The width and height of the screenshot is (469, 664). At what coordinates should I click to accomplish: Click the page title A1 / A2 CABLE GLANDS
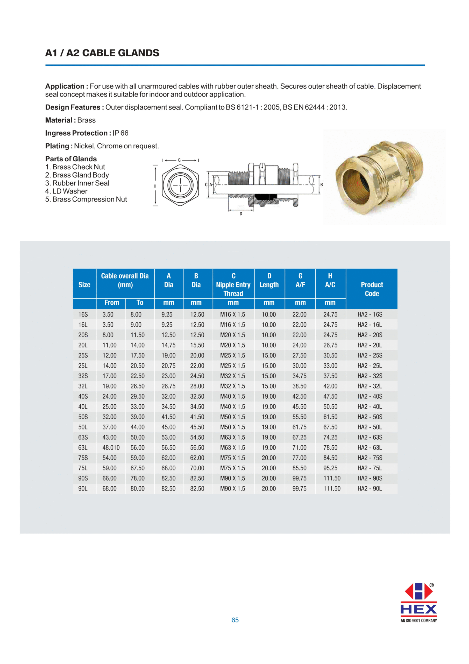[x=102, y=53]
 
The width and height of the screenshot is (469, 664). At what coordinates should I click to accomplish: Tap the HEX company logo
[x=418, y=603]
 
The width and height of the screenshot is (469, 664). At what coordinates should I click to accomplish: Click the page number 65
[x=235, y=620]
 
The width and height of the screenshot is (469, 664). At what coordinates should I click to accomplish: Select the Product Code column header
[x=372, y=289]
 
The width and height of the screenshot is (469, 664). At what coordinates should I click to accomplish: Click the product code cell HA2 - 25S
[x=369, y=355]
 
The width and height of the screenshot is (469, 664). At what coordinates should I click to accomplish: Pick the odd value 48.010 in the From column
[x=111, y=447]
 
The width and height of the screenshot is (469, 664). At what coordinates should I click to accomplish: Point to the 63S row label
[x=83, y=437]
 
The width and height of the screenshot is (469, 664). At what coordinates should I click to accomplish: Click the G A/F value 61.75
[x=299, y=427]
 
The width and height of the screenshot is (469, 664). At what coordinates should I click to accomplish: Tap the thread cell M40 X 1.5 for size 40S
[x=232, y=396]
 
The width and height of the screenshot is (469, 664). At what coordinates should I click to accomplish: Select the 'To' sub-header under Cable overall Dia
[x=140, y=302]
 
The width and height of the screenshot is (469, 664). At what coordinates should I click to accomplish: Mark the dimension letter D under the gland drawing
[x=241, y=214]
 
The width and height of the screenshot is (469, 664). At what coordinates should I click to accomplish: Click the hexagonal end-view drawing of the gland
[x=180, y=185]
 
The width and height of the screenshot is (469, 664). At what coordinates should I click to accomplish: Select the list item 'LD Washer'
[x=70, y=191]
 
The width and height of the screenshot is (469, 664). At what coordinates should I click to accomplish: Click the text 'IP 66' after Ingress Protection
[x=120, y=133]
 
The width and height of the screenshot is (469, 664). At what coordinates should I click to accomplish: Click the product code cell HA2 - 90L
[x=369, y=488]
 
